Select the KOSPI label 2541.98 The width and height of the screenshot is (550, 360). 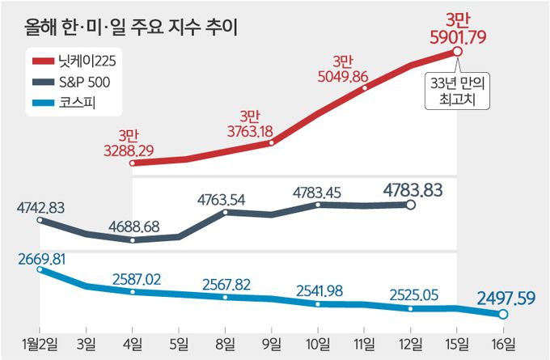click(319, 289)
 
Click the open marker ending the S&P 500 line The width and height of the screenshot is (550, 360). click(410, 205)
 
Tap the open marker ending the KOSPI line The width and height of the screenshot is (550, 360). click(502, 314)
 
